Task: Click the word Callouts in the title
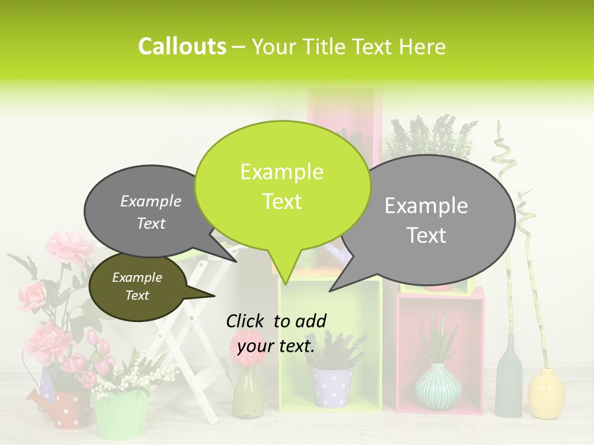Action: click(x=182, y=46)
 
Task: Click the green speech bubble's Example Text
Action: click(x=282, y=187)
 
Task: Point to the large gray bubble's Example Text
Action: click(x=426, y=221)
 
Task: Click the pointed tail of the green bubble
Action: click(x=285, y=275)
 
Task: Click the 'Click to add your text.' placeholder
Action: click(x=276, y=333)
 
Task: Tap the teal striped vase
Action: click(x=438, y=387)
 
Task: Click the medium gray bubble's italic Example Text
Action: click(x=151, y=212)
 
